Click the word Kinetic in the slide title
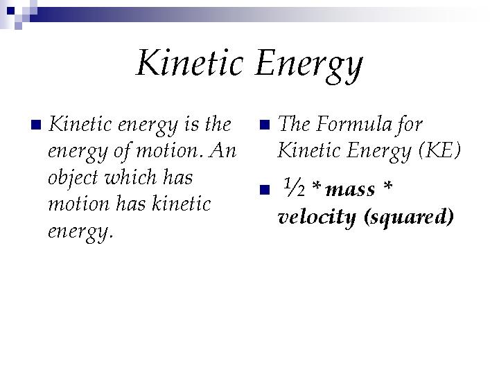190,62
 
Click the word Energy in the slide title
308,66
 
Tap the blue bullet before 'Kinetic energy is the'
36,125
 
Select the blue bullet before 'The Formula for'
265,125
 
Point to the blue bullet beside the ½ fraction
265,190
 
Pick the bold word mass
351,190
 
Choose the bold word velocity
317,218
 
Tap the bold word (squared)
409,218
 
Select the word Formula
354,124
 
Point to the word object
73,178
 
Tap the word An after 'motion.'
222,150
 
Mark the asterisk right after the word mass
387,186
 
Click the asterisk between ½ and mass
316,186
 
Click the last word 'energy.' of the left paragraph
80,232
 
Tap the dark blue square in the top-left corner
10,11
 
